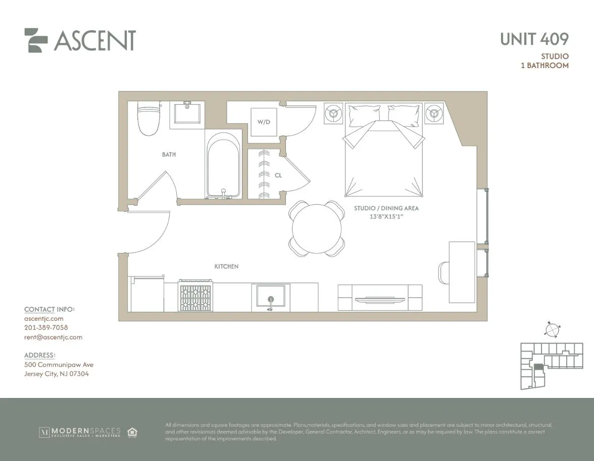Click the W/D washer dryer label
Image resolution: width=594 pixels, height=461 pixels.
(264, 122)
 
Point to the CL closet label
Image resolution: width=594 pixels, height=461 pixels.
(278, 176)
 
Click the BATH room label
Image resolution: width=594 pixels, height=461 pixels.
(169, 154)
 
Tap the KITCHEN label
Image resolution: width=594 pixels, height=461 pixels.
(226, 266)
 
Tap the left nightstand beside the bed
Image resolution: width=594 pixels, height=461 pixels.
(333, 113)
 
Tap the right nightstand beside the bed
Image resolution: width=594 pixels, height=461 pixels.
(434, 113)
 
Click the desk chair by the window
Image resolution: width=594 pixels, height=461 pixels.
(443, 273)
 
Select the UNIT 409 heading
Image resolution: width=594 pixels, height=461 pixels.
(534, 39)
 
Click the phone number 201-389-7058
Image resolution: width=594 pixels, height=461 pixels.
(46, 328)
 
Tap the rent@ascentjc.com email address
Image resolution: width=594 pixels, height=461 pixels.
(53, 337)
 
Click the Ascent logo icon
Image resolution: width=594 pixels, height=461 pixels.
(36, 40)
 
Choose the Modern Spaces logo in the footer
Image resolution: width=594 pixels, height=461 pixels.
(80, 432)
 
